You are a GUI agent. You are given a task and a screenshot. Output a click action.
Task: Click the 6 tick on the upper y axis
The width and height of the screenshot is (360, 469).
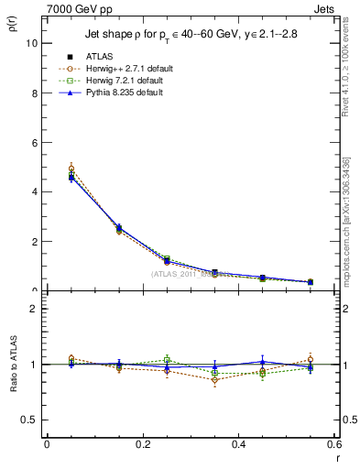(x=33, y=142)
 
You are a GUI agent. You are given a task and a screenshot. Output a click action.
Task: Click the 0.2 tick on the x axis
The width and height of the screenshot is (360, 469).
(x=142, y=445)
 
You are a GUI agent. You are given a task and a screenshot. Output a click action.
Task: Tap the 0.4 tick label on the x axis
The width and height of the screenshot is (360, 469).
(x=238, y=445)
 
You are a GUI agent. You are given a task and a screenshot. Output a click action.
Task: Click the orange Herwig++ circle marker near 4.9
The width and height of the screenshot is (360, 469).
(x=71, y=169)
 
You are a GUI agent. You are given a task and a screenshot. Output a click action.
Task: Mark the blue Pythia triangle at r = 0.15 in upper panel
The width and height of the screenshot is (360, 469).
(x=119, y=227)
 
